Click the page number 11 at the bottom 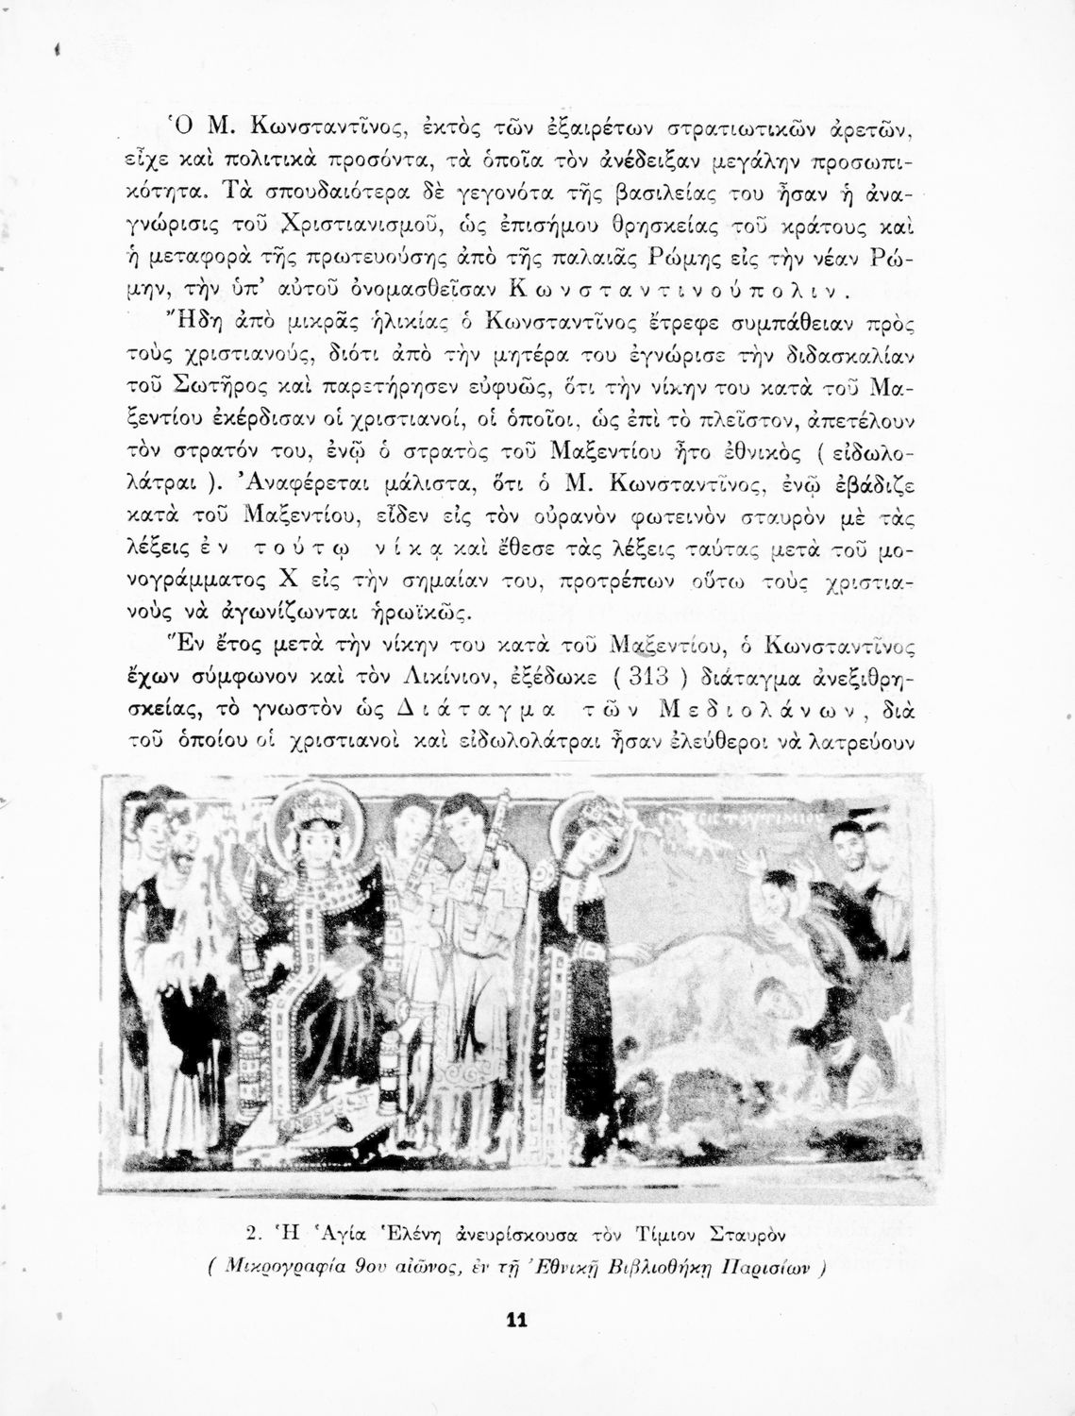pyautogui.click(x=515, y=1320)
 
